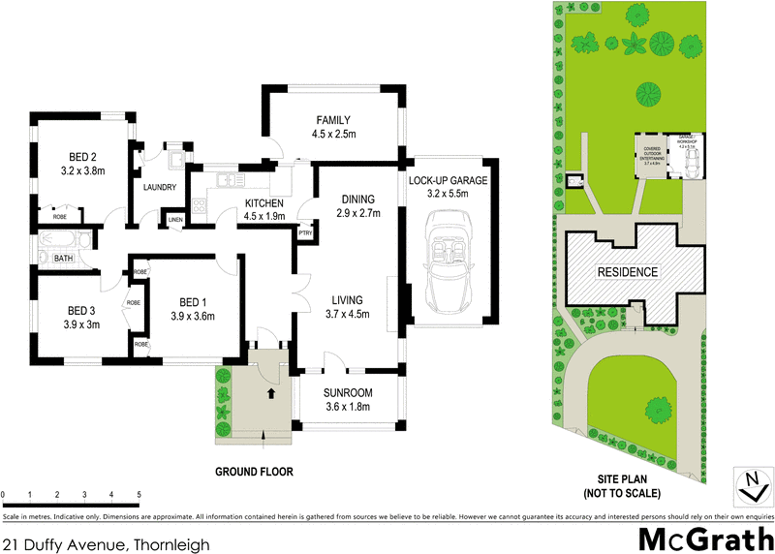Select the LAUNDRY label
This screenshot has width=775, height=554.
pos(158,188)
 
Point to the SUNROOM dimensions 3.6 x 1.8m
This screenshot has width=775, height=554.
pos(348,408)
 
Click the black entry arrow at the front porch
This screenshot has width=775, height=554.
pos(270,393)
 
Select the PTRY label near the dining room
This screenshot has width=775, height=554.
pos(305,232)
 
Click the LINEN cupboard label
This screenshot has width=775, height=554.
pos(174,221)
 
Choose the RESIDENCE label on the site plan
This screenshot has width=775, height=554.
pos(627,272)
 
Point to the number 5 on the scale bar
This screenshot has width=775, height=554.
pos(139,495)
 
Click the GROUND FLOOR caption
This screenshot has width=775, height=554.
pos(254,473)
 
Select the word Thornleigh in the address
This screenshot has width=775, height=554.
pos(171,545)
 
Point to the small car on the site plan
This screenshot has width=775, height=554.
pos(687,166)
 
